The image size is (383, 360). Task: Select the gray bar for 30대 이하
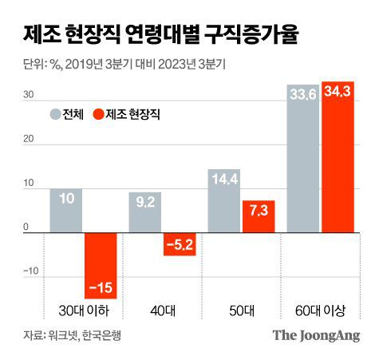coord(65,211)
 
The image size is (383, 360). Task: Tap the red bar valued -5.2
coord(179,244)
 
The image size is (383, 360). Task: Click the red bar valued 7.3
coord(258,216)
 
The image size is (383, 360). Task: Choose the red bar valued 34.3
coord(338,156)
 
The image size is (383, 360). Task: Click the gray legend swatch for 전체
coord(55,115)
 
